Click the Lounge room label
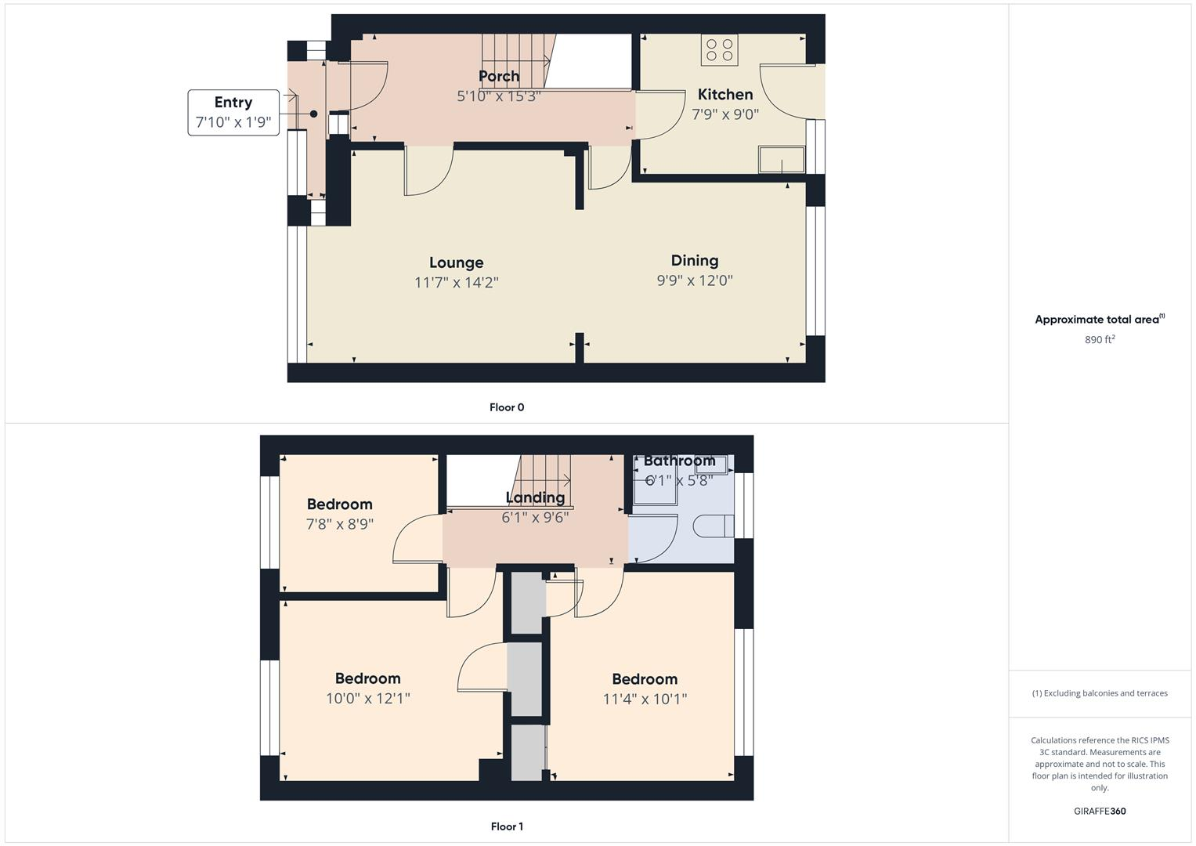456,262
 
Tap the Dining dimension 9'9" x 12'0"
695,280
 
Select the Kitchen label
725,95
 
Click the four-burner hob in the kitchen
720,50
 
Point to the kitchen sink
781,160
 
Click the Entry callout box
233,113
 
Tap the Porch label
499,76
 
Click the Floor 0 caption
507,407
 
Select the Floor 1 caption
507,826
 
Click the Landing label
535,497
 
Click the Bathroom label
679,461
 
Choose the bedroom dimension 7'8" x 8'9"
339,524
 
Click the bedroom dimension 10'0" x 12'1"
368,698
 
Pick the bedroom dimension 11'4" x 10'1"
645,699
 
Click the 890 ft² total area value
1100,340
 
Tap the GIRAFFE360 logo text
1100,812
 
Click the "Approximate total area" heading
1098,320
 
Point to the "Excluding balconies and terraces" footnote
1100,693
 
